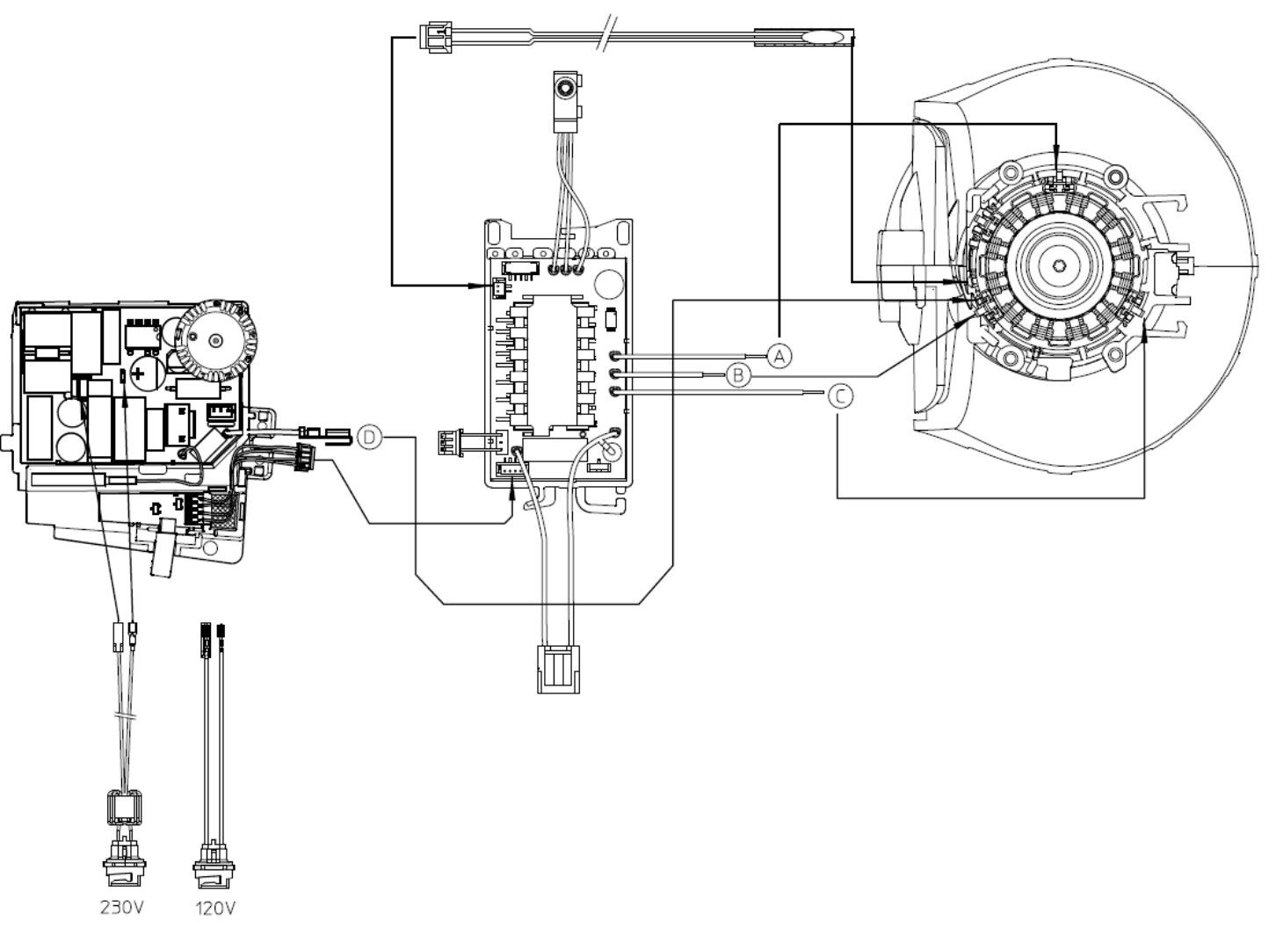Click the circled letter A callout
point(779,356)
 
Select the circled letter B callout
point(738,375)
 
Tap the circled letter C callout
point(840,395)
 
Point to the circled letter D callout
point(369,438)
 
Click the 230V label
point(122,906)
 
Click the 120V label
point(214,908)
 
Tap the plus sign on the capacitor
point(139,374)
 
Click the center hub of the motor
point(1058,265)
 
